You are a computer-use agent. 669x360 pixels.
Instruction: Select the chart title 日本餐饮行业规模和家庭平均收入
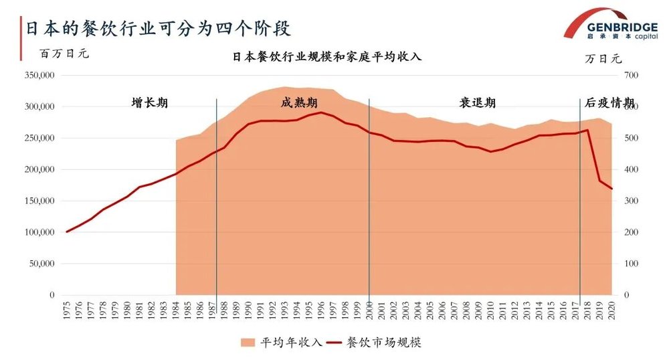pyautogui.click(x=326, y=57)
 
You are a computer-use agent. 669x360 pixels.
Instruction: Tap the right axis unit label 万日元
pyautogui.click(x=603, y=58)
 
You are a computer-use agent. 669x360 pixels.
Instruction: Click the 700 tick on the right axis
pyautogui.click(x=631, y=76)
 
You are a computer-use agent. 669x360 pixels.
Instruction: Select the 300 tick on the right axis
pyautogui.click(x=631, y=201)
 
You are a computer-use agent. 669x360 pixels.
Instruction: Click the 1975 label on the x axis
pyautogui.click(x=67, y=312)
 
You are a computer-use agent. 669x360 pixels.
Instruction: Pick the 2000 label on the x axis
pyautogui.click(x=370, y=312)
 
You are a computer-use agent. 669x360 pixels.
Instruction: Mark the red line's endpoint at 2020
pyautogui.click(x=611, y=189)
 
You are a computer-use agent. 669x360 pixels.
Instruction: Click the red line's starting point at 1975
pyautogui.click(x=67, y=232)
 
